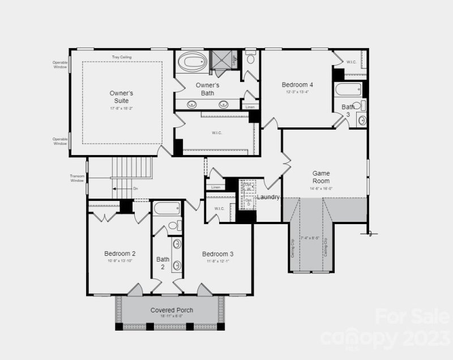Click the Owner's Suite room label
(121, 96)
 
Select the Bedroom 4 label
(297, 85)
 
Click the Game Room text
(321, 177)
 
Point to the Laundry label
(268, 197)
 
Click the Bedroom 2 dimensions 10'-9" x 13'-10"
(119, 261)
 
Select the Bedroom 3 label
(217, 254)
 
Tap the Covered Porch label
(172, 310)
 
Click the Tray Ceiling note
(122, 57)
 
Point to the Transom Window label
(77, 178)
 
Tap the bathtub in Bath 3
(348, 89)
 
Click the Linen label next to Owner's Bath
(250, 106)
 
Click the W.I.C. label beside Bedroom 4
(351, 62)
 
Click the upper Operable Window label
(60, 65)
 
